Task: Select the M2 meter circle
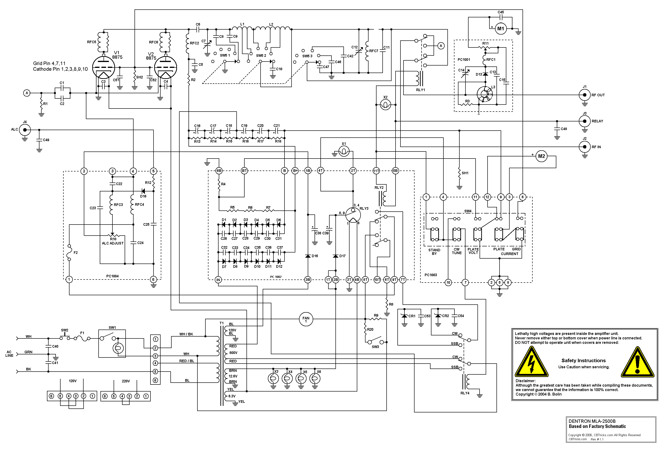pos(541,156)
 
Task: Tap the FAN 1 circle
pos(306,319)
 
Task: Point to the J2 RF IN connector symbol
pos(584,147)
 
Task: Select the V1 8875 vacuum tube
pos(103,67)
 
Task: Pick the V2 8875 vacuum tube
pos(165,67)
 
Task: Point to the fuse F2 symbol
pos(69,253)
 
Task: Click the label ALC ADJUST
pos(112,243)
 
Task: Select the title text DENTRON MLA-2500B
pos(592,421)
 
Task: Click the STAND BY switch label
pos(434,252)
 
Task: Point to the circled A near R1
pos(27,93)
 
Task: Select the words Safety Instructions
pos(584,361)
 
